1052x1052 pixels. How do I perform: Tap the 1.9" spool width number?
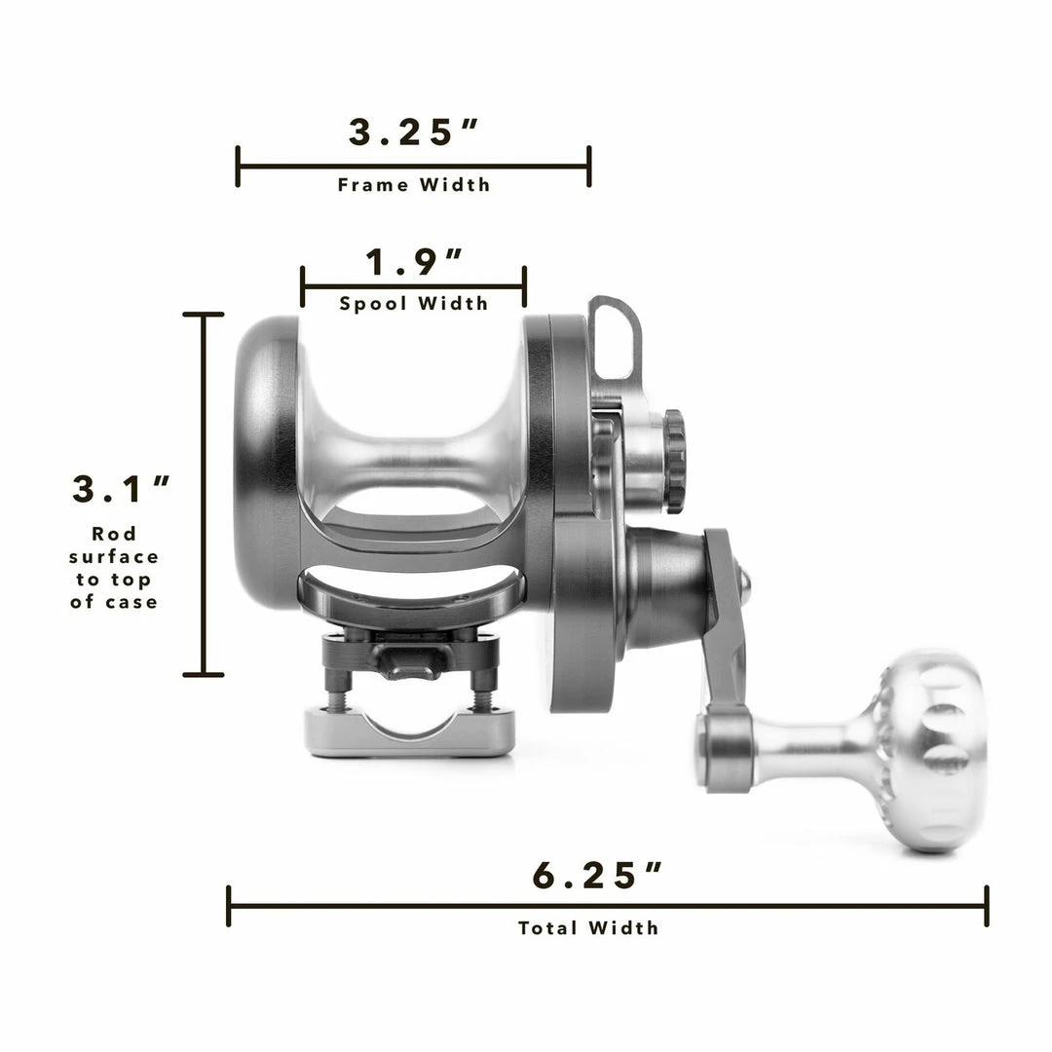(x=414, y=262)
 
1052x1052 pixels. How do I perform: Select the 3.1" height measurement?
(x=122, y=489)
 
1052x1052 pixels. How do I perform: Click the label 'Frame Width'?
(x=414, y=184)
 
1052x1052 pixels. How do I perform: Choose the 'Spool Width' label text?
(x=414, y=304)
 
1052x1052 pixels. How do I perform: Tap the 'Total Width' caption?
(x=588, y=927)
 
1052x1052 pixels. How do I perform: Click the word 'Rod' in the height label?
(x=114, y=534)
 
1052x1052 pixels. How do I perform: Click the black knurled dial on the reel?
(x=674, y=461)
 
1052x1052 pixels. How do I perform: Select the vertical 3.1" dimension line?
(x=204, y=494)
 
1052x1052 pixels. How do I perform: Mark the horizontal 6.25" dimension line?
(x=608, y=906)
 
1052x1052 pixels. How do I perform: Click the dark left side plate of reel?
(x=265, y=463)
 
